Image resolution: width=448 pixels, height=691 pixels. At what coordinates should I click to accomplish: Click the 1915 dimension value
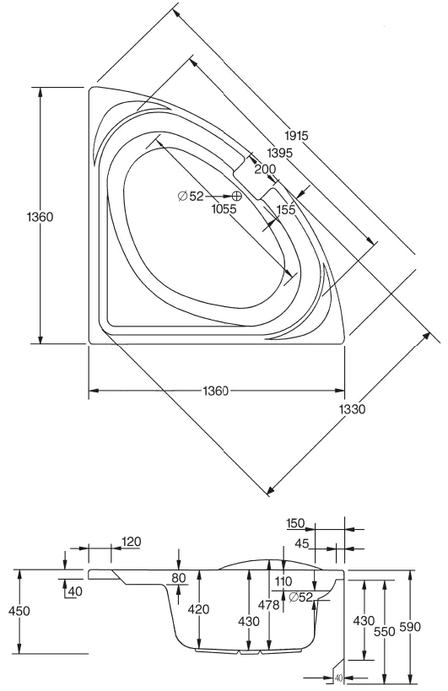pyautogui.click(x=296, y=136)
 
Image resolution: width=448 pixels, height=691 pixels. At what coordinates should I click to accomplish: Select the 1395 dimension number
pyautogui.click(x=279, y=153)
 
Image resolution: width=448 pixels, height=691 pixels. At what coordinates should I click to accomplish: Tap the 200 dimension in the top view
pyautogui.click(x=265, y=169)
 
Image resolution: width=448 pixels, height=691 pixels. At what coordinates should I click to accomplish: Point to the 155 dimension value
pyautogui.click(x=285, y=209)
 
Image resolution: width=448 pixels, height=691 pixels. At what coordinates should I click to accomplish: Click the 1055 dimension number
pyautogui.click(x=225, y=210)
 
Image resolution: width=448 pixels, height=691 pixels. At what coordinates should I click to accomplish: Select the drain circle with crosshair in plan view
pyautogui.click(x=237, y=196)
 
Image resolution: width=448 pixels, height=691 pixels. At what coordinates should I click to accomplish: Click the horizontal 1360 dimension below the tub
pyautogui.click(x=216, y=391)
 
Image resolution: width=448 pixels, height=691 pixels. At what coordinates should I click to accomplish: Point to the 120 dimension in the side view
pyautogui.click(x=131, y=541)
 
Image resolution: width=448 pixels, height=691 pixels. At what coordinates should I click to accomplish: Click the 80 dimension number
pyautogui.click(x=178, y=578)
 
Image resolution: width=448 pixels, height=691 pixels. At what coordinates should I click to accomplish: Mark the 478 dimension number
pyautogui.click(x=268, y=604)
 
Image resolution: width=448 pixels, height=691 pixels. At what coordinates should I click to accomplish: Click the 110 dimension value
pyautogui.click(x=282, y=581)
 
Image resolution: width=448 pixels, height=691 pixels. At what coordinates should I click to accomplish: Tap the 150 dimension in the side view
pyautogui.click(x=296, y=524)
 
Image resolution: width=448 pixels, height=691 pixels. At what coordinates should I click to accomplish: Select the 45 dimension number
pyautogui.click(x=301, y=543)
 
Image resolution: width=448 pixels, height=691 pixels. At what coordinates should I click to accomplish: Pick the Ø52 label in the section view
pyautogui.click(x=301, y=597)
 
